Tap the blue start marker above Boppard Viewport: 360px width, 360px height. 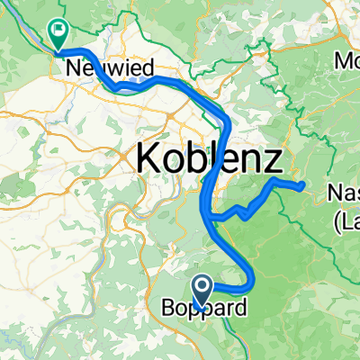point(202,289)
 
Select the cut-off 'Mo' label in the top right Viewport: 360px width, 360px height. point(346,64)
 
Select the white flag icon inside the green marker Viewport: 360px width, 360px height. point(59,31)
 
